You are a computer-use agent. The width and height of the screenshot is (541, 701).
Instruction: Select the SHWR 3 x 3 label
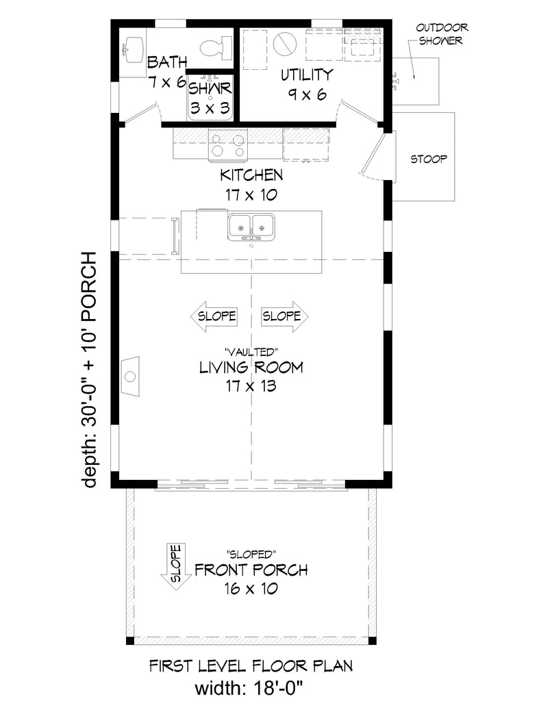click(x=210, y=99)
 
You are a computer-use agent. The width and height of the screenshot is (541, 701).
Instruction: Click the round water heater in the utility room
click(x=285, y=43)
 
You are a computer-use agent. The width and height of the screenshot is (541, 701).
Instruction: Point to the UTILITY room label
click(x=307, y=75)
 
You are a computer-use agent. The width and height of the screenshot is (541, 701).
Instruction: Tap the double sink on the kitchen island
click(x=251, y=227)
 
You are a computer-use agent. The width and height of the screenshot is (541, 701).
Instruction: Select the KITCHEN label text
click(x=251, y=175)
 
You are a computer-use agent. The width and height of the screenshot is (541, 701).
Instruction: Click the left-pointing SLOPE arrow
click(x=213, y=316)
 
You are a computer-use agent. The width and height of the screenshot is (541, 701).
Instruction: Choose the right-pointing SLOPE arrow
click(x=285, y=316)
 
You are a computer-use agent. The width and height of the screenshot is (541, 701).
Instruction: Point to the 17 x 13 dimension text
click(x=251, y=386)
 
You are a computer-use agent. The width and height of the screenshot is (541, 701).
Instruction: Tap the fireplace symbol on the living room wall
click(x=131, y=376)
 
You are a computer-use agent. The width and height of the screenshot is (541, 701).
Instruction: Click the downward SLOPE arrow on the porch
click(x=176, y=566)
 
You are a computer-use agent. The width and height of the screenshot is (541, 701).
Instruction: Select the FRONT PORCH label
click(x=251, y=570)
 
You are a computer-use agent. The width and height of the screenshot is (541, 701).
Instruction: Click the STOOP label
click(x=429, y=159)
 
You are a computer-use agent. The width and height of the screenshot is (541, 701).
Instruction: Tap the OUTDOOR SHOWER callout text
click(x=442, y=34)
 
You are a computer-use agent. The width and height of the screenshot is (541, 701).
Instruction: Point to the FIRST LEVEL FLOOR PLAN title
click(x=251, y=666)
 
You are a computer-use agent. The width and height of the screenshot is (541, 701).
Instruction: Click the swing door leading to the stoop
click(x=375, y=153)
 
